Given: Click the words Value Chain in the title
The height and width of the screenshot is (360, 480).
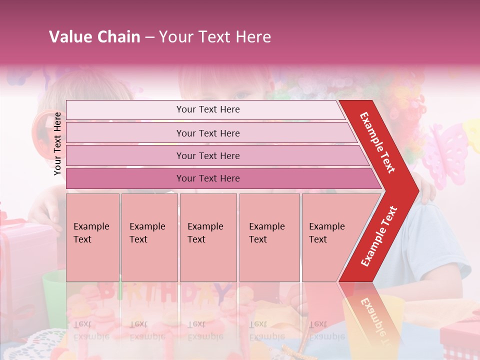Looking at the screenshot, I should (94, 37).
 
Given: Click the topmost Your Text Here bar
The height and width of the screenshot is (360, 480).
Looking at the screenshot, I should (207, 109).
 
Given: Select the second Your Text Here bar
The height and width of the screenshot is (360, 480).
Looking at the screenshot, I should (207, 133).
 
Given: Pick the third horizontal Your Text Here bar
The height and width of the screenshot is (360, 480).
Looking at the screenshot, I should (207, 155).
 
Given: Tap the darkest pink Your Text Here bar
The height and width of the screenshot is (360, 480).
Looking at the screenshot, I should (207, 178).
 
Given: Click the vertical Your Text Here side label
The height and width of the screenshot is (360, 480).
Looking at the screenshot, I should (57, 143).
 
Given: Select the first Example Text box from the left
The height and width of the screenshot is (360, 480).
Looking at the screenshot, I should (92, 237).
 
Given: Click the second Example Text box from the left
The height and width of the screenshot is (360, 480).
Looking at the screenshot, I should (149, 237).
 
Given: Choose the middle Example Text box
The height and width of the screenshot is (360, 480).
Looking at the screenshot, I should (208, 237).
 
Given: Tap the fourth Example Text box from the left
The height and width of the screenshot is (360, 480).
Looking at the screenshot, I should (269, 237).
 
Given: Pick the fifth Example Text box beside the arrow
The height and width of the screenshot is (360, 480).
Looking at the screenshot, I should (327, 237).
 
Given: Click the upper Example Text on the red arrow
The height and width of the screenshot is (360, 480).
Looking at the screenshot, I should (378, 142).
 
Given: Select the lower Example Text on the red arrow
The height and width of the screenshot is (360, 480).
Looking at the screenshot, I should (379, 236).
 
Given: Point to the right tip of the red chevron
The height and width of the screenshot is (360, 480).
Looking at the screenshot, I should (417, 190).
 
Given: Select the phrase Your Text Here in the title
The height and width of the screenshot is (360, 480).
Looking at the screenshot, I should (215, 37).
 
